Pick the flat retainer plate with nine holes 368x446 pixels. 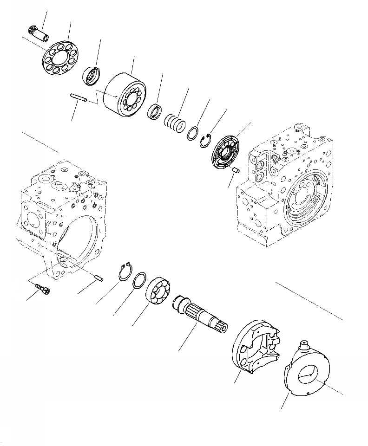tap(61, 59)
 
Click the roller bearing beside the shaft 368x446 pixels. tap(158, 292)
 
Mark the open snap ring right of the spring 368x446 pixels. tap(206, 141)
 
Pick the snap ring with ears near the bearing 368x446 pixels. tap(125, 272)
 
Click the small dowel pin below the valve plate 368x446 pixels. tap(236, 170)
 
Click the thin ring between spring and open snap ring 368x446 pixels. tap(193, 133)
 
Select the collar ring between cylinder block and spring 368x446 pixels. tap(155, 112)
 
